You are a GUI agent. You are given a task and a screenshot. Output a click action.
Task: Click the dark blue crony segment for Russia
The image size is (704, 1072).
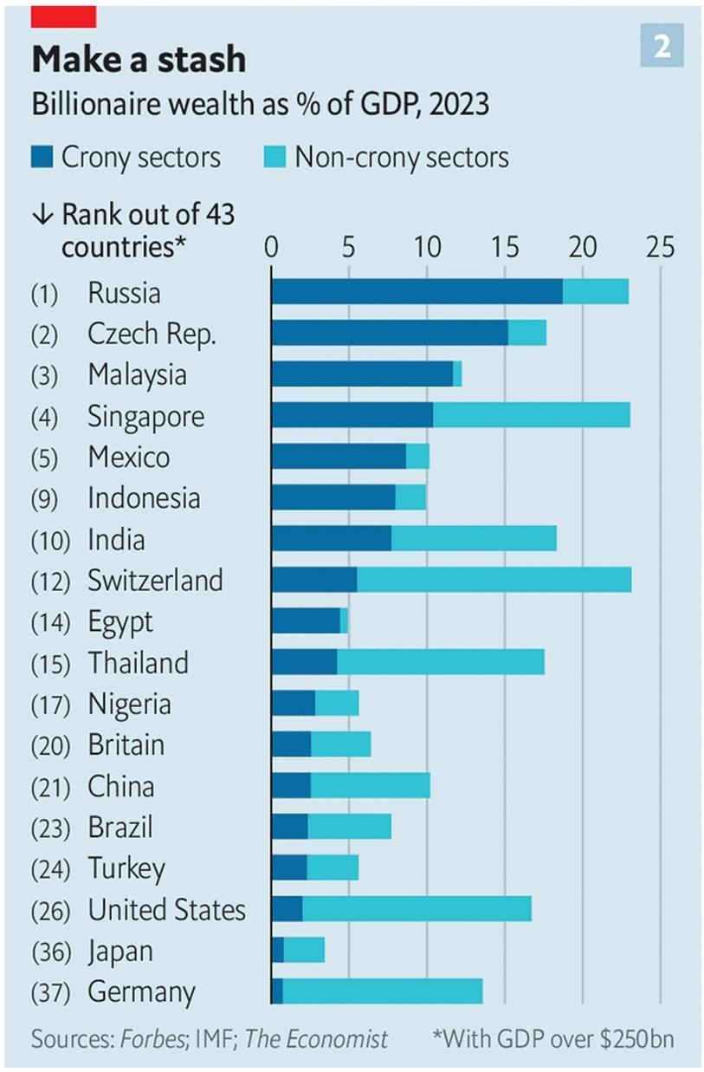pyautogui.click(x=417, y=291)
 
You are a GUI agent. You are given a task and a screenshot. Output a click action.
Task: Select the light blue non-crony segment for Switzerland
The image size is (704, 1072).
pyautogui.click(x=494, y=580)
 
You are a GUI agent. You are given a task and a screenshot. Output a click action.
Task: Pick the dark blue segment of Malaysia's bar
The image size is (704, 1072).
pyautogui.click(x=362, y=374)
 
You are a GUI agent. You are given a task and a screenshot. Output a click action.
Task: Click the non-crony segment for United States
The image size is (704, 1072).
pyautogui.click(x=417, y=909)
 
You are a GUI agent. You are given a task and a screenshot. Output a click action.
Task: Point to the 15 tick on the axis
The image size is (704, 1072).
pyautogui.click(x=505, y=247)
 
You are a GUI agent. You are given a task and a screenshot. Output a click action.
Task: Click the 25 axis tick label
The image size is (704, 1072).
pyautogui.click(x=661, y=247)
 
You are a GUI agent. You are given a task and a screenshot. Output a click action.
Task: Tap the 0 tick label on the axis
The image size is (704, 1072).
pyautogui.click(x=271, y=247)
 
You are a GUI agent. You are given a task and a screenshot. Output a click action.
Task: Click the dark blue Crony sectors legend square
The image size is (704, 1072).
pyautogui.click(x=42, y=157)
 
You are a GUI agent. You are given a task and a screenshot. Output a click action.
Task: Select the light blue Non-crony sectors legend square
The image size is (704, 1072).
pyautogui.click(x=275, y=157)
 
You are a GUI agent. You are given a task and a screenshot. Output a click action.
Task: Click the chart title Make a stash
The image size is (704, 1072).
pyautogui.click(x=139, y=59)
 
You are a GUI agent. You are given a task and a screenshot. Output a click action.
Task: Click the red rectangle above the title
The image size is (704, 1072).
pyautogui.click(x=63, y=16)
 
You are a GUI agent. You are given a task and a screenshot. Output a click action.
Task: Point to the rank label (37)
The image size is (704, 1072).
pyautogui.click(x=51, y=992)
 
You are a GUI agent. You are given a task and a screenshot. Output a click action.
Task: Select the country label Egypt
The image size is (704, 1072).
pyautogui.click(x=120, y=622)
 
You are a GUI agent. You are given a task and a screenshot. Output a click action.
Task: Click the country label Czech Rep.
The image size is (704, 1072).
pyautogui.click(x=152, y=334)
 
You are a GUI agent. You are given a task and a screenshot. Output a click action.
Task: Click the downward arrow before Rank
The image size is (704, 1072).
pyautogui.click(x=42, y=214)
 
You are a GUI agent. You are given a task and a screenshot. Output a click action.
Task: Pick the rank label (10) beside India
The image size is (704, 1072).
pyautogui.click(x=51, y=540)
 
